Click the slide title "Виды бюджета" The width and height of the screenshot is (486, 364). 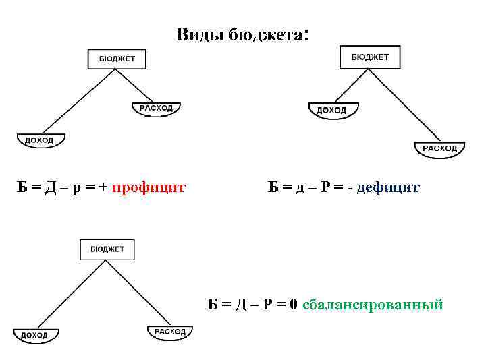[241, 34]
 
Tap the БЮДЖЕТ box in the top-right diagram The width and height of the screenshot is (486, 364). [369, 57]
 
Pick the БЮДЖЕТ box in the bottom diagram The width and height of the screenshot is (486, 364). [107, 249]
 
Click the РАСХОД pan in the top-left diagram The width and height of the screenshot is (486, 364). [157, 109]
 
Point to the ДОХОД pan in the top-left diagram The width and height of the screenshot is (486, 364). [41, 140]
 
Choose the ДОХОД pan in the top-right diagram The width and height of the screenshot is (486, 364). [332, 110]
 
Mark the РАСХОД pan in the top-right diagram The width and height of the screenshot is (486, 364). [439, 148]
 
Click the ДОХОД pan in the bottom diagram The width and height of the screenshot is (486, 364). [35, 335]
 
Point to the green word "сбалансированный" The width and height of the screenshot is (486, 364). [373, 305]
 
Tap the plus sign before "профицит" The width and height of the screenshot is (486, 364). [103, 187]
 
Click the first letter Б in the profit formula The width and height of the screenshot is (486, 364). [22, 187]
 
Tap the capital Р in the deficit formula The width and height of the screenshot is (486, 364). [326, 187]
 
